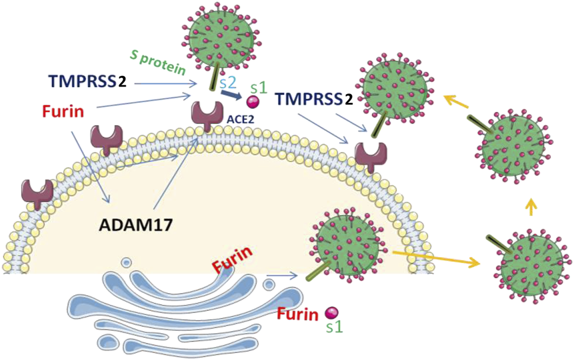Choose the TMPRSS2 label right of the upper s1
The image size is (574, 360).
pyautogui.click(x=313, y=99)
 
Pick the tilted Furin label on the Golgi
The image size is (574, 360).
pyautogui.click(x=233, y=259)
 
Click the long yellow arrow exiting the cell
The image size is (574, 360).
pyautogui.click(x=436, y=257)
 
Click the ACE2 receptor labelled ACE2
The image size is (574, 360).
pyautogui.click(x=209, y=115)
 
